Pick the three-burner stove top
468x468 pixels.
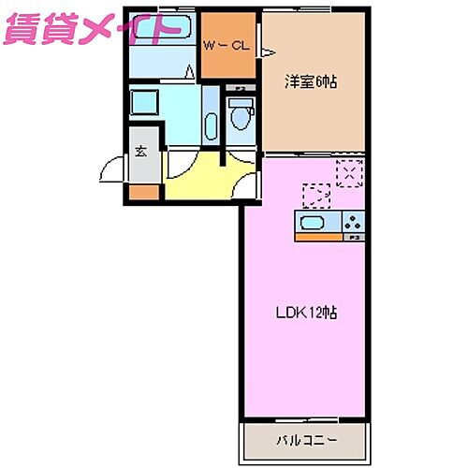353,223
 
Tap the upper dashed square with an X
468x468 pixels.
349,173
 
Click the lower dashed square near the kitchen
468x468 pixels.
315,196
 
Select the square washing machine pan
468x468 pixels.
146,102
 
